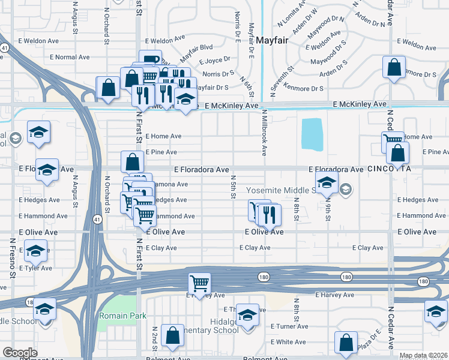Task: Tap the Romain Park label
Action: click(118, 315)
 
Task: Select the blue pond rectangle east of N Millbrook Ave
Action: click(311, 134)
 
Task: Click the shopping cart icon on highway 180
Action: click(199, 283)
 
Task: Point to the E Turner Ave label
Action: click(289, 326)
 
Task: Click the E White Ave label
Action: click(288, 342)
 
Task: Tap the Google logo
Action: click(20, 352)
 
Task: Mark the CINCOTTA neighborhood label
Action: click(389, 169)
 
